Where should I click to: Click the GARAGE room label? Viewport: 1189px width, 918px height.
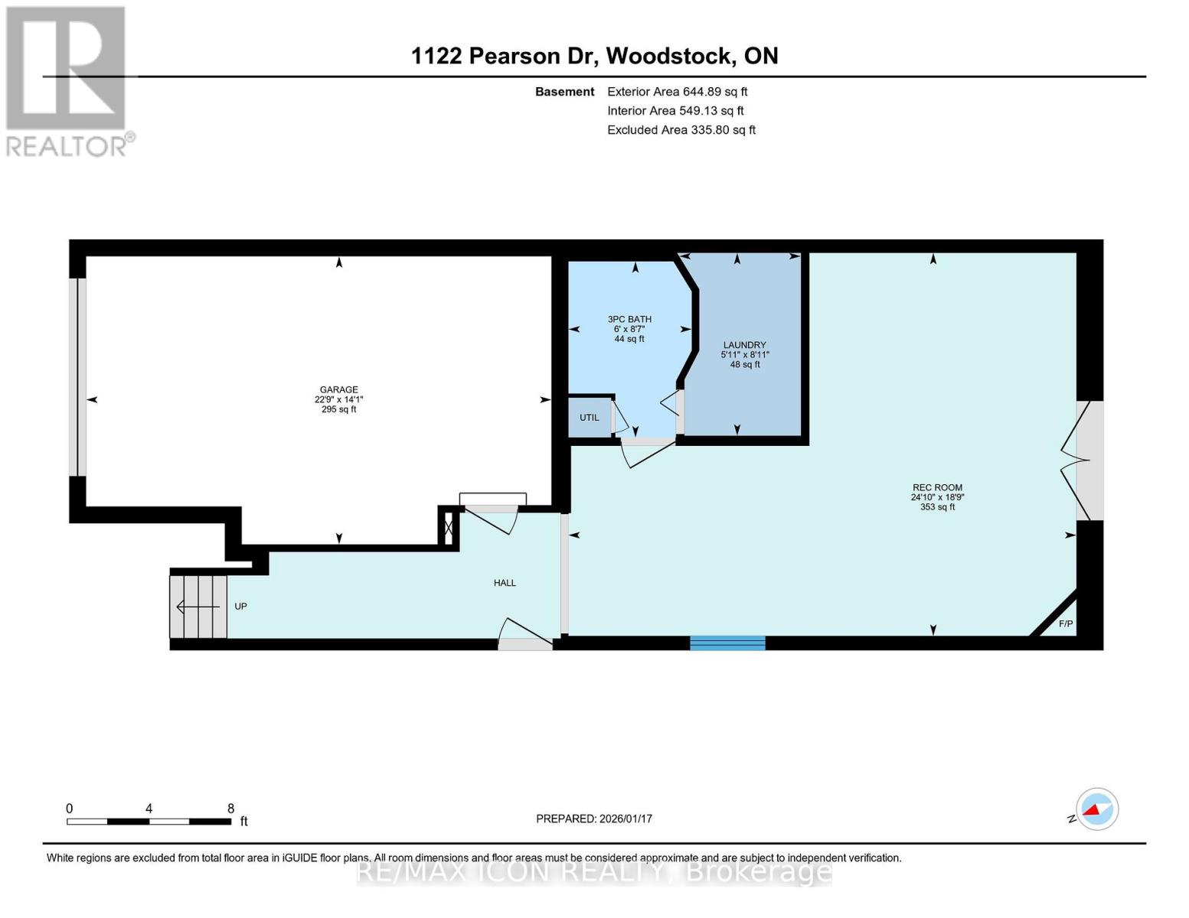click(338, 389)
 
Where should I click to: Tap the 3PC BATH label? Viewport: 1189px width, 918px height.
click(629, 319)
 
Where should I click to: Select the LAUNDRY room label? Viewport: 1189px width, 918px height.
click(744, 345)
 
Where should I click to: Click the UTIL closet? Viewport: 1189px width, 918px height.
click(590, 418)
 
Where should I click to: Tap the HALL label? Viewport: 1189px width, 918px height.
click(505, 583)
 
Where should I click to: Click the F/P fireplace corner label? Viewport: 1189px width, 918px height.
click(1066, 624)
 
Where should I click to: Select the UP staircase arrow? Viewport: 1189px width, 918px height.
click(199, 607)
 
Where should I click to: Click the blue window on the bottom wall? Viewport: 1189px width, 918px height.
click(727, 643)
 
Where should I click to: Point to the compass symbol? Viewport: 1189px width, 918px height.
click(1097, 809)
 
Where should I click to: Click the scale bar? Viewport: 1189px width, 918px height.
click(149, 821)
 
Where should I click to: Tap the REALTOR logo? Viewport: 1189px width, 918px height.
click(67, 80)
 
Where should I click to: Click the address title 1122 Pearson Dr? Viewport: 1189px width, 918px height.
click(594, 56)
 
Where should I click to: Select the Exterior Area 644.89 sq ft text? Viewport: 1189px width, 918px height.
click(677, 91)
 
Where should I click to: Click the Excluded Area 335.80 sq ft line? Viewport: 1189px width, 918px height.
click(681, 130)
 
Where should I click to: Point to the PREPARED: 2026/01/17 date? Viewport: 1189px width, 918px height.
click(594, 819)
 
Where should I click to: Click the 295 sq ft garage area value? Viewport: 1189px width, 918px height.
click(338, 409)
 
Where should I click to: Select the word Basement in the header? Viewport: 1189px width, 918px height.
click(564, 91)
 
